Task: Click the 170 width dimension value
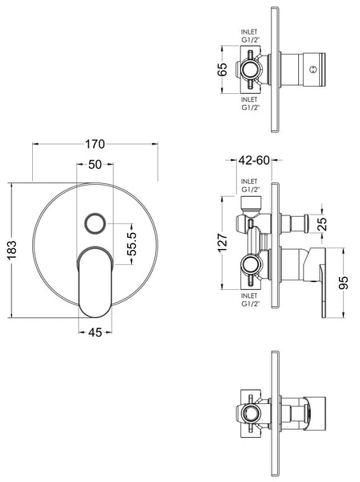point(95,145)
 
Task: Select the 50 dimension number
point(95,164)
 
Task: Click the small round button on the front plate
point(95,223)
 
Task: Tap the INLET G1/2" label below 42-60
point(252,186)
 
